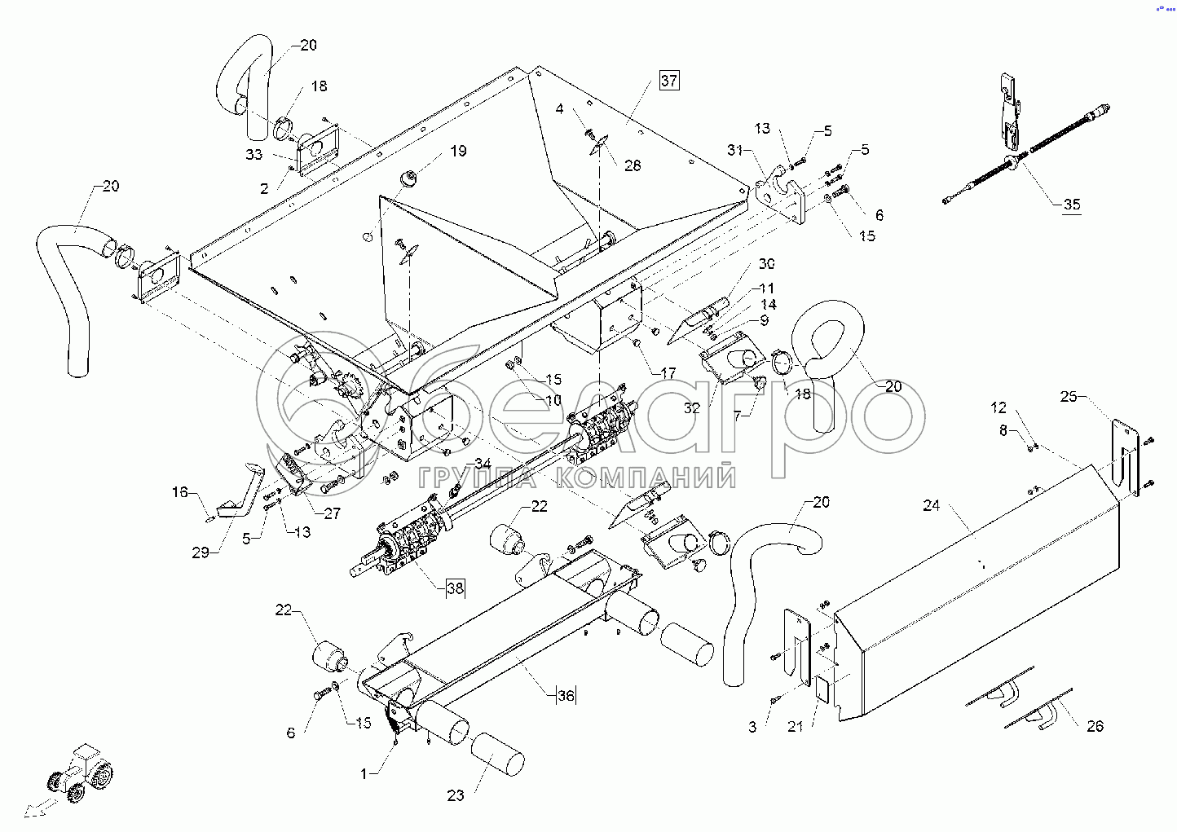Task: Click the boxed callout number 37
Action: click(669, 81)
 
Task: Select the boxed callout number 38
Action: click(455, 588)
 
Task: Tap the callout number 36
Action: click(566, 695)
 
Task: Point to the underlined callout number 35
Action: click(1072, 204)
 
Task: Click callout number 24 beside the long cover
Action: click(932, 505)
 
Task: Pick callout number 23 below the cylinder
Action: click(456, 796)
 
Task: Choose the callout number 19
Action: click(458, 151)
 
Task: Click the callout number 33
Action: click(253, 155)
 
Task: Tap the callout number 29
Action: click(201, 552)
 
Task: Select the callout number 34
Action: click(483, 464)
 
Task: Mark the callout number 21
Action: click(795, 726)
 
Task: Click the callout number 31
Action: click(735, 150)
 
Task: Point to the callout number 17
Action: click(668, 373)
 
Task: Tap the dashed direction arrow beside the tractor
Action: click(41, 808)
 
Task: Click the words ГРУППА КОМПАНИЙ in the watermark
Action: click(577, 476)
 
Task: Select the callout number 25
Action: click(1069, 396)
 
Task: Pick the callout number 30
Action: click(767, 263)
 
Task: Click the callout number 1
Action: click(364, 773)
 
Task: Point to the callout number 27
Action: click(332, 513)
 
